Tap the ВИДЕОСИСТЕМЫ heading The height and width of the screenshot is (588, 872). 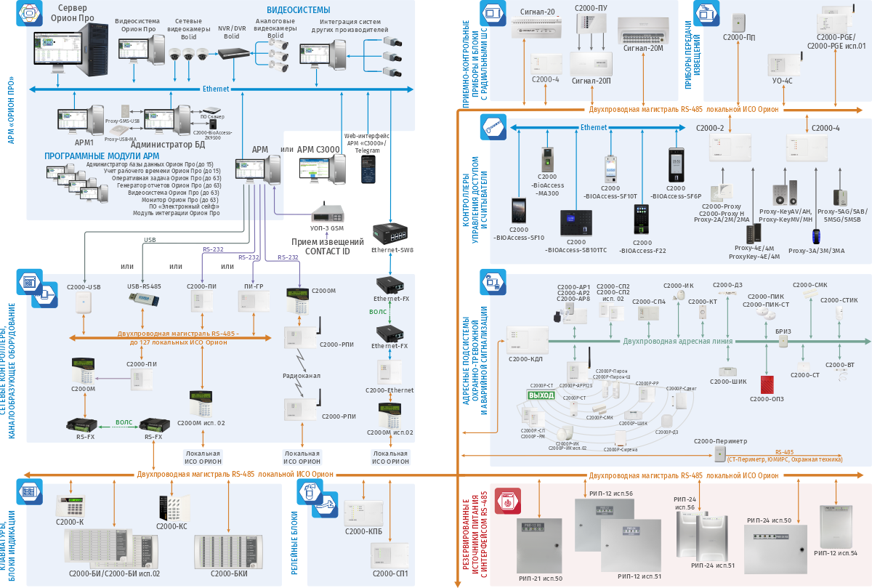298,10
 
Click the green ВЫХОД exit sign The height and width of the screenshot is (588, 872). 541,395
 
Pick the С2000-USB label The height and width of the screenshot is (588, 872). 84,286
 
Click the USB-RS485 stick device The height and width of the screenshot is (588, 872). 143,301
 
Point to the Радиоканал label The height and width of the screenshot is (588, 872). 301,375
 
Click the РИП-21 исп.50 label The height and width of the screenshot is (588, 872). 541,578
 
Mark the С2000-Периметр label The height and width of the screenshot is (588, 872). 720,441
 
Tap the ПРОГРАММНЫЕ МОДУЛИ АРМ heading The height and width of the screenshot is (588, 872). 102,156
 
